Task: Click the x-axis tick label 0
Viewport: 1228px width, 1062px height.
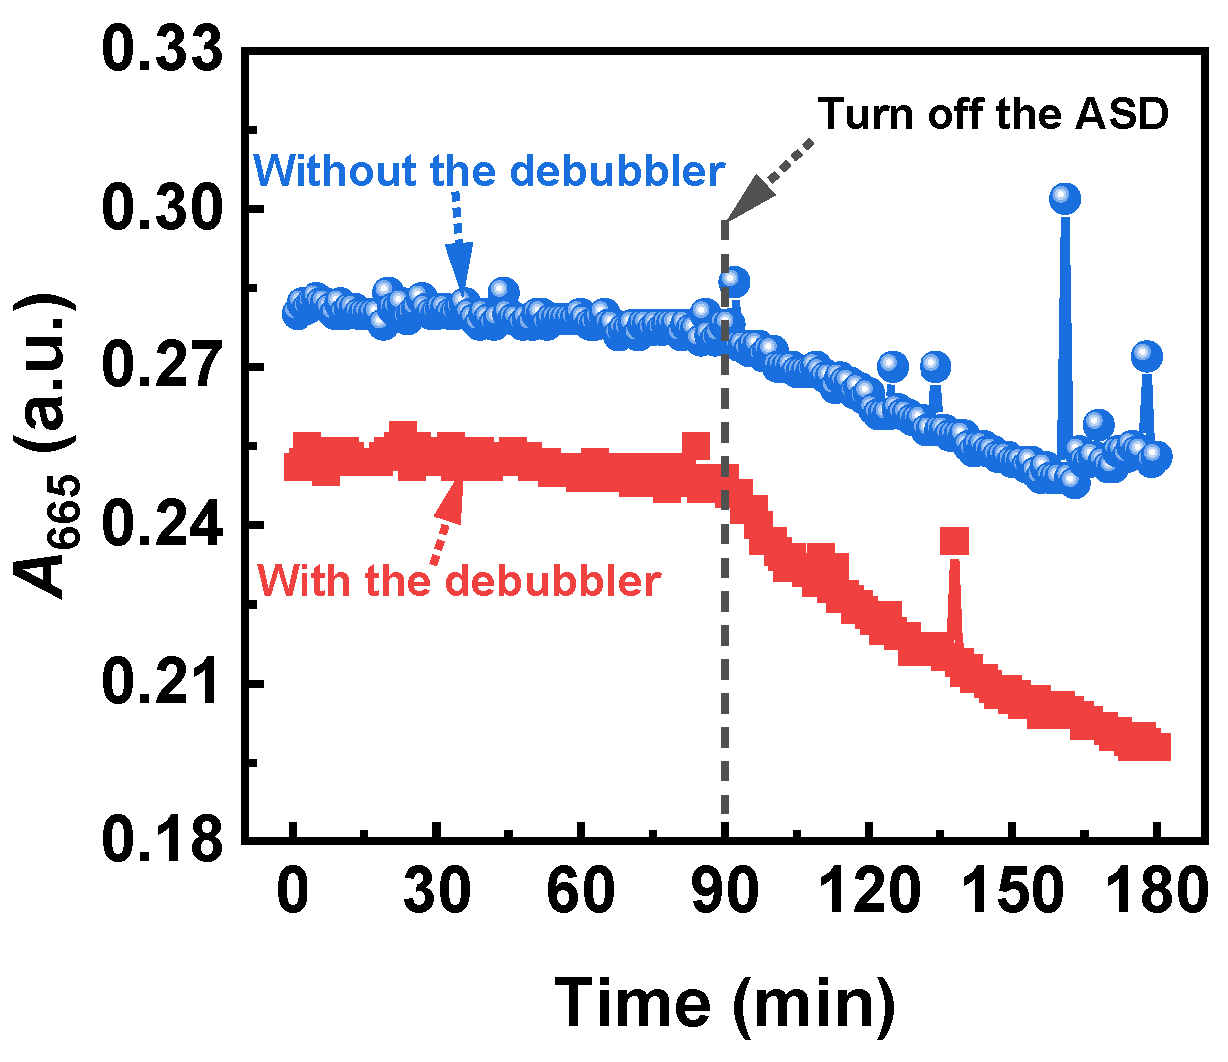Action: coord(293,891)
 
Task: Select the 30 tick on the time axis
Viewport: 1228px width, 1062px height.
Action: coord(436,891)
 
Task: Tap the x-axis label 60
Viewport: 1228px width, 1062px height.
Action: coord(581,891)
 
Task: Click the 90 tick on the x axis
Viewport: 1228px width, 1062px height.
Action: coord(725,891)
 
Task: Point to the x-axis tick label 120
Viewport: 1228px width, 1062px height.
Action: coord(869,891)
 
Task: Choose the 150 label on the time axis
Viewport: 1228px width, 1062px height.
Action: coord(1012,891)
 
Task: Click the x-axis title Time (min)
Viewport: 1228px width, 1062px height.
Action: coord(725,1001)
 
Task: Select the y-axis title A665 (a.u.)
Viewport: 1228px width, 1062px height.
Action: coord(45,446)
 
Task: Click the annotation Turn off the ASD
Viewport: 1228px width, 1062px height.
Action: coord(992,115)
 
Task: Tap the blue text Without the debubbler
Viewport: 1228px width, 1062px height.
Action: coord(489,172)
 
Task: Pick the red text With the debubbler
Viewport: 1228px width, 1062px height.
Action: coord(459,580)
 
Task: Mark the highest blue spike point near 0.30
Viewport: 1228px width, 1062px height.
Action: coord(1065,199)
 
